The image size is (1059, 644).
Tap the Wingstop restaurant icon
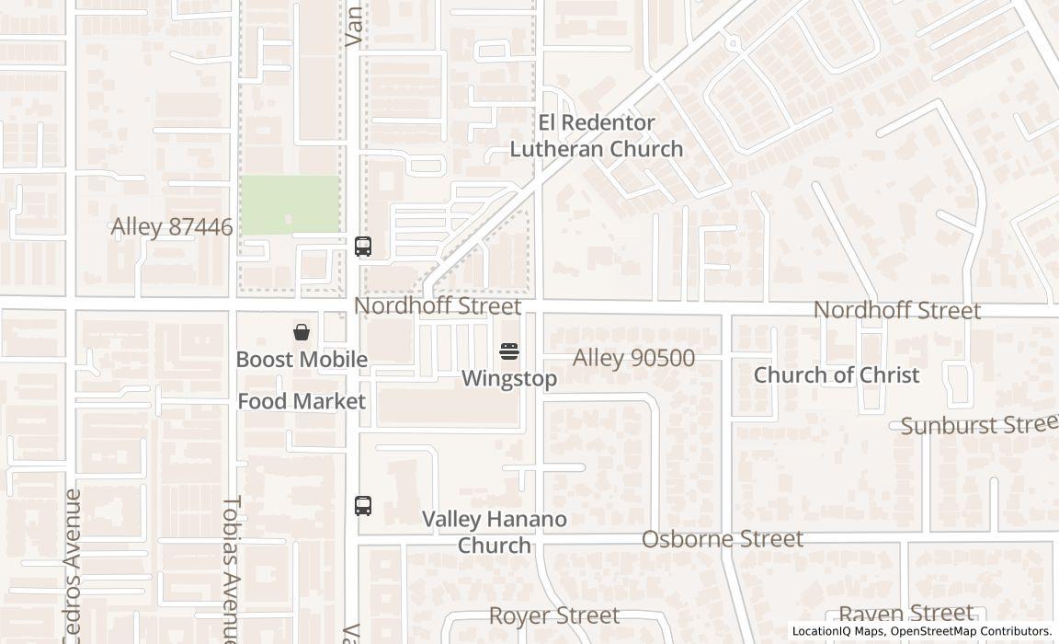tap(509, 351)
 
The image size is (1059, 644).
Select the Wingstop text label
tap(509, 378)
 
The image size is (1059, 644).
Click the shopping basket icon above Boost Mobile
tap(302, 332)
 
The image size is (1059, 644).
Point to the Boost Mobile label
tap(302, 360)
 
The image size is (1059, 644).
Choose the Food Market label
tap(302, 401)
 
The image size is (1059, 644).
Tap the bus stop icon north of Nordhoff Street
tap(363, 247)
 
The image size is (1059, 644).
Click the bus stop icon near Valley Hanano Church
tap(363, 505)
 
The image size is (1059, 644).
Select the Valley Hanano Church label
tap(495, 532)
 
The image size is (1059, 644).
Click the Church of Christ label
tap(836, 375)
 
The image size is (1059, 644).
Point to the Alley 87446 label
tap(172, 227)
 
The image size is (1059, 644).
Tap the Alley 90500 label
tap(633, 358)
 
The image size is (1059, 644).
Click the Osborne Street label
tap(722, 539)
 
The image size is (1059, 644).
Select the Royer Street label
tap(553, 615)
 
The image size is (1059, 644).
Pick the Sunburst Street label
tap(979, 425)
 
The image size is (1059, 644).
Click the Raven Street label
tap(905, 614)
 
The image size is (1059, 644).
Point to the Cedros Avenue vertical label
tap(73, 565)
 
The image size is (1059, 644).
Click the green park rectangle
tap(290, 204)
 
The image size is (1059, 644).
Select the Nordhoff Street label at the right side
tap(896, 311)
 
